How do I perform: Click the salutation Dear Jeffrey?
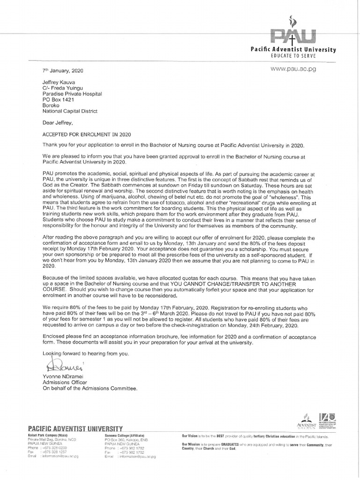pos(59,122)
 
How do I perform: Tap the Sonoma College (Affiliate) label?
pos(125,435)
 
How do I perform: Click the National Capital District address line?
pos(70,111)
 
